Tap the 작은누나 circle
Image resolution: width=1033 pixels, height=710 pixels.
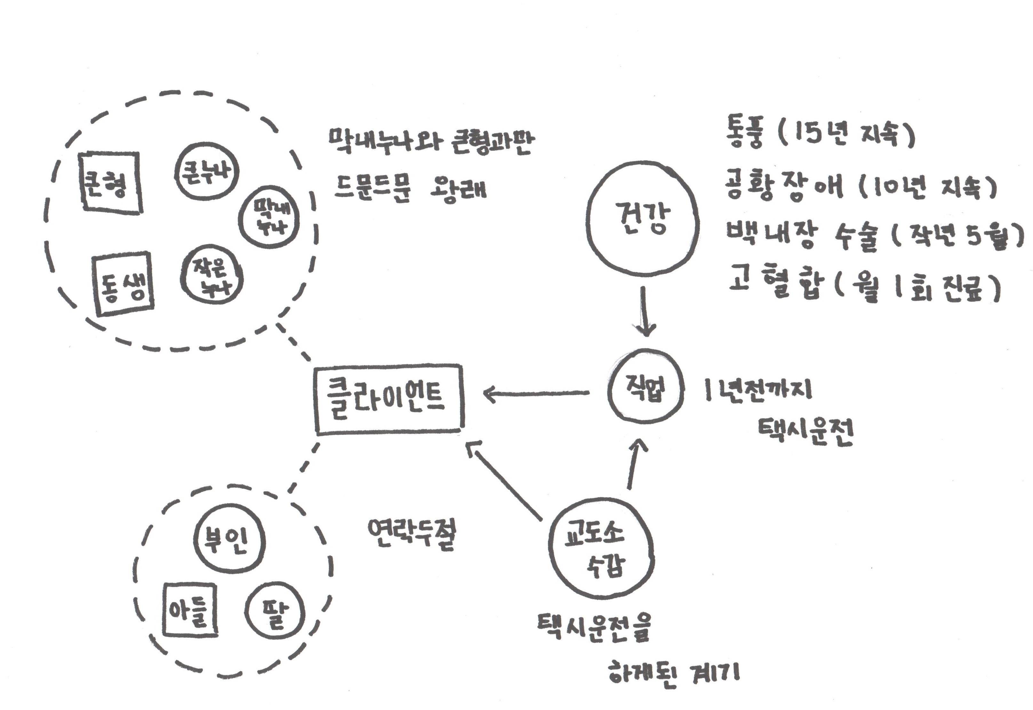point(211,274)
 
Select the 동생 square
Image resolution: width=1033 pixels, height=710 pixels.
point(123,283)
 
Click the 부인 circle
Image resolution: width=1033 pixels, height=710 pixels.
point(229,540)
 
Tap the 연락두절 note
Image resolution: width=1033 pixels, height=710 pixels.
point(411,535)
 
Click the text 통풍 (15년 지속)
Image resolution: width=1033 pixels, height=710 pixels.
point(820,134)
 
